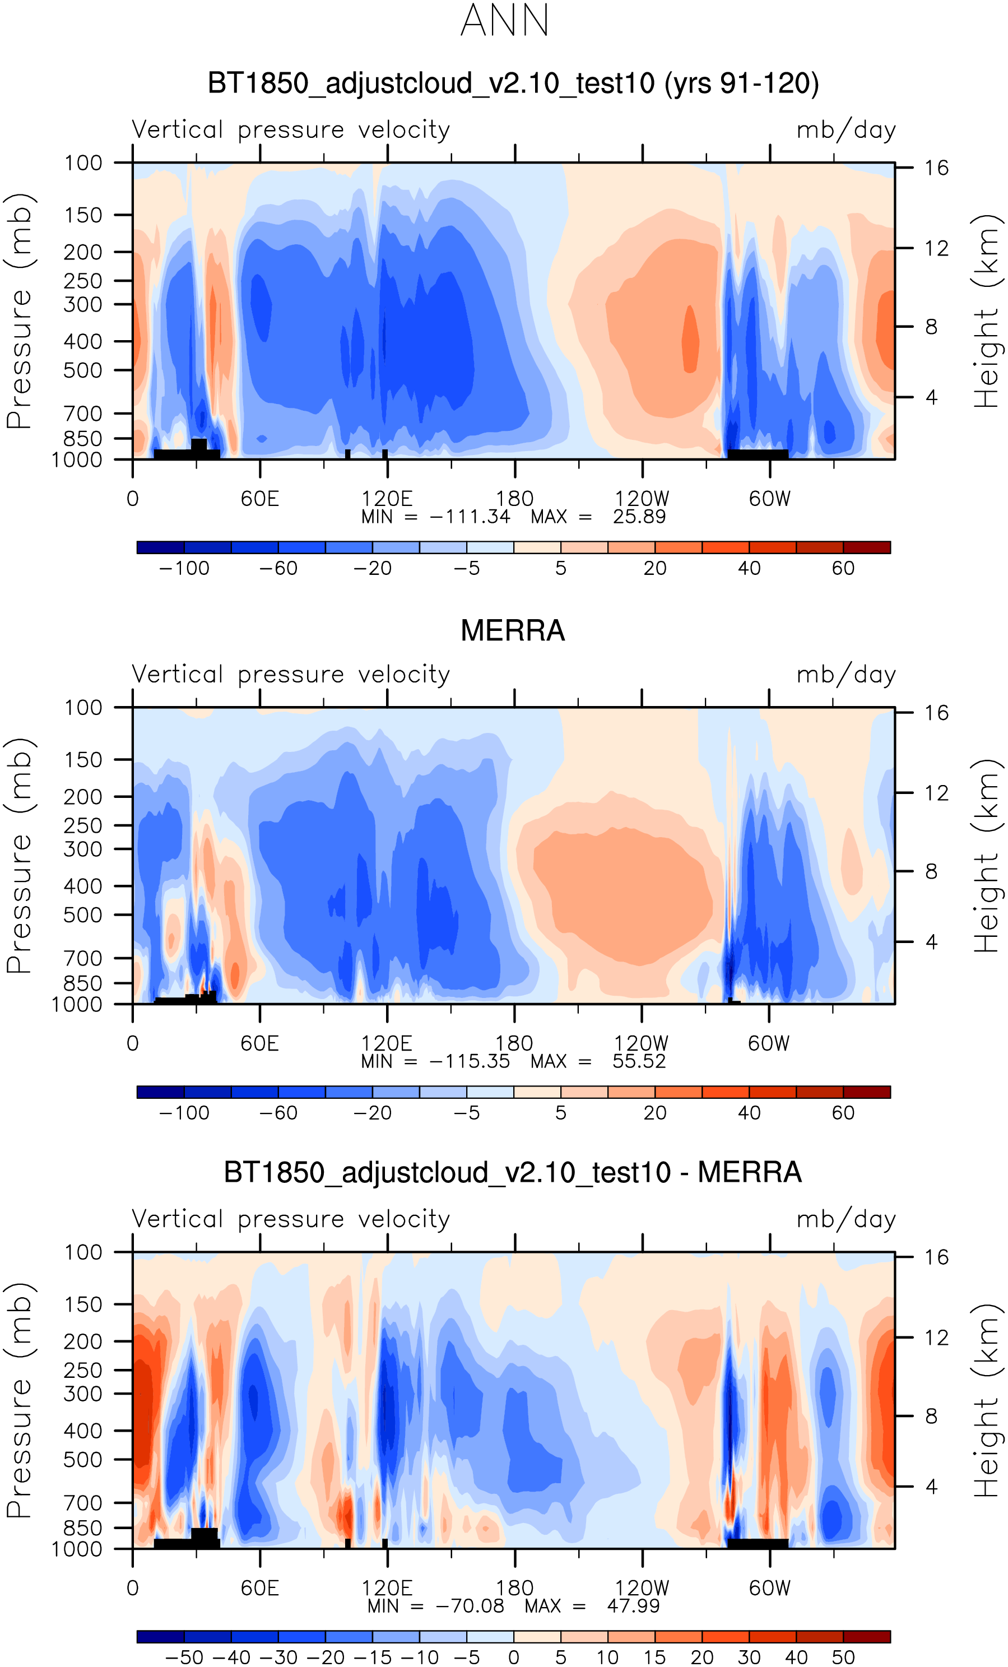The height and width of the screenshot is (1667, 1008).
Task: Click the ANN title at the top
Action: (x=504, y=20)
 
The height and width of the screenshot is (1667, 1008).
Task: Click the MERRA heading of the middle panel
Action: (x=512, y=630)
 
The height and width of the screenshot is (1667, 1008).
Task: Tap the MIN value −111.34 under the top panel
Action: (x=470, y=517)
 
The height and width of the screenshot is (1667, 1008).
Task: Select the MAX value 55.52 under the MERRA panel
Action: (x=639, y=1061)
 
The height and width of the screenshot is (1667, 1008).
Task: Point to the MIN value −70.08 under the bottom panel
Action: (x=470, y=1605)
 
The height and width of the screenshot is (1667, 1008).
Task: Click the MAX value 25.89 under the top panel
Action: (x=639, y=517)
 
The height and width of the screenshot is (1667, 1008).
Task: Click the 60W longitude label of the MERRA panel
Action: (x=769, y=1043)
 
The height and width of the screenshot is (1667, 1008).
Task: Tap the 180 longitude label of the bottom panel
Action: (x=514, y=1587)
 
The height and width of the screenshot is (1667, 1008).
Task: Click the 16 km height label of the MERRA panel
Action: (x=936, y=712)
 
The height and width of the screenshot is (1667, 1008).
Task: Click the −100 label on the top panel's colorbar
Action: (x=184, y=568)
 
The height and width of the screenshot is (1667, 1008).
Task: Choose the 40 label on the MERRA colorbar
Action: (x=749, y=1113)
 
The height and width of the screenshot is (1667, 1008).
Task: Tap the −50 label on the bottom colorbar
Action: (x=184, y=1657)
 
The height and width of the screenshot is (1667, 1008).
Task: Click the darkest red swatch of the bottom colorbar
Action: (x=867, y=1637)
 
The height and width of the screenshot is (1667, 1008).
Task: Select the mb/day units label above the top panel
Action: (x=846, y=130)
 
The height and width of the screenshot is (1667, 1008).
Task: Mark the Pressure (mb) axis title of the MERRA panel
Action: (x=19, y=856)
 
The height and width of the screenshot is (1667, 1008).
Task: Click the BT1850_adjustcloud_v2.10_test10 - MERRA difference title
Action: (x=512, y=1172)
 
